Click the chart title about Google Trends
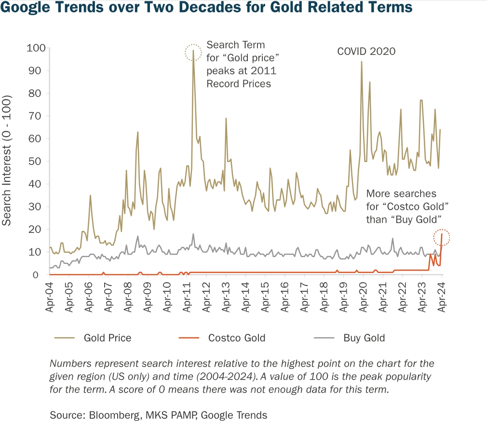(206, 8)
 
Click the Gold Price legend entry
(107, 338)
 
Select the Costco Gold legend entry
(237, 338)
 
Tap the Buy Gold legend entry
(364, 338)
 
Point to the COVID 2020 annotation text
(366, 51)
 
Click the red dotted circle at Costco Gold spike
(442, 237)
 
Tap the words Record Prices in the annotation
(239, 83)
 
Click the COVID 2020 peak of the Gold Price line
(361, 62)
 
